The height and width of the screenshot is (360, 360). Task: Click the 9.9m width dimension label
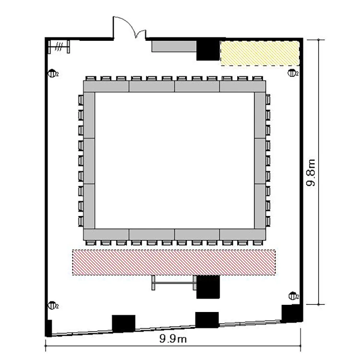point(173,339)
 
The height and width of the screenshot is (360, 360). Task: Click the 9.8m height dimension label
point(311,172)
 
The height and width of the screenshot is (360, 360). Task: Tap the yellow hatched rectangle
point(260,53)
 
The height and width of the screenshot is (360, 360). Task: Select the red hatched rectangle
point(174,262)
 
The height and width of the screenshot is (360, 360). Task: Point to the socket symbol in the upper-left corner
point(52,74)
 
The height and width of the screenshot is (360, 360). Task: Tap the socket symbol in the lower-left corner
point(52,306)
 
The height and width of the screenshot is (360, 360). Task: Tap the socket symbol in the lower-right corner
point(293,296)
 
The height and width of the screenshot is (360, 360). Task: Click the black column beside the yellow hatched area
point(208,50)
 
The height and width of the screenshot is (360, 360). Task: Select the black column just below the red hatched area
point(208,287)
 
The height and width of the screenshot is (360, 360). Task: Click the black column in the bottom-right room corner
point(291,313)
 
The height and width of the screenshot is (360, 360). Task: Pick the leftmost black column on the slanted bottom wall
point(123,324)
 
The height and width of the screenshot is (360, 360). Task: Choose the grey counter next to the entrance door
point(174,47)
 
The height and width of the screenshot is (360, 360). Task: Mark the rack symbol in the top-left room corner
point(59,47)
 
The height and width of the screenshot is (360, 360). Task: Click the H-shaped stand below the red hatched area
point(174,283)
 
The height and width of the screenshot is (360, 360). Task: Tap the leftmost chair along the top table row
point(91,79)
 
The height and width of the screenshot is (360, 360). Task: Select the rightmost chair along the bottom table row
point(258,243)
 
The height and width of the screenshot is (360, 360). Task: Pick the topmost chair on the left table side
point(81,100)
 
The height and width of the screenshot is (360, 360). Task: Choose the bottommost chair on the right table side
point(268,221)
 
